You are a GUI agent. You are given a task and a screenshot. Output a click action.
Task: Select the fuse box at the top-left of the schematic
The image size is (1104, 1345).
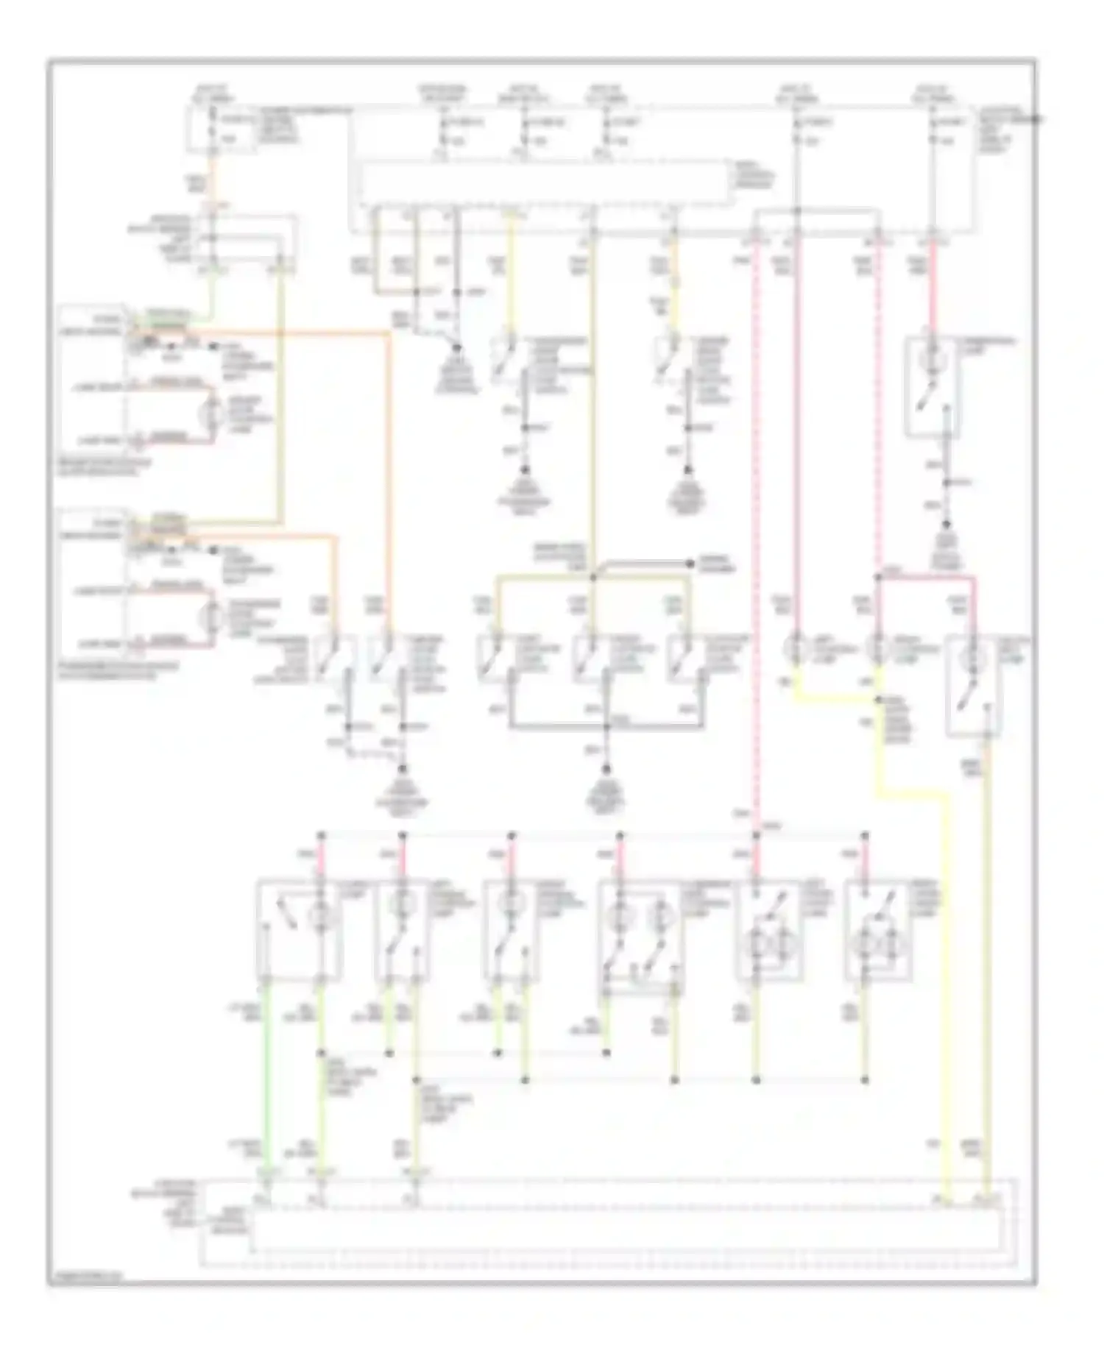click(x=221, y=129)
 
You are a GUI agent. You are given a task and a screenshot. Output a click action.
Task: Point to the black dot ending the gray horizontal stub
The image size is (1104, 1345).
click(x=690, y=564)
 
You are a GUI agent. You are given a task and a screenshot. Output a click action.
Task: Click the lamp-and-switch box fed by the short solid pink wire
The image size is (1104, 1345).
click(x=931, y=386)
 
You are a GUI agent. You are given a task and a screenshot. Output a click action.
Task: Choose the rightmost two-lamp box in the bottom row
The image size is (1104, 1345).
click(x=880, y=930)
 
